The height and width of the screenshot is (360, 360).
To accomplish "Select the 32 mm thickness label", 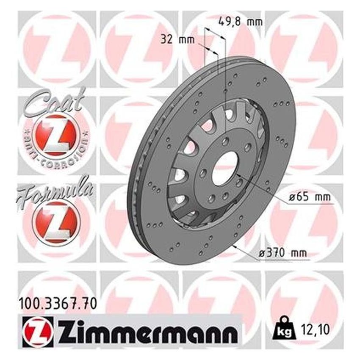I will (x=174, y=41).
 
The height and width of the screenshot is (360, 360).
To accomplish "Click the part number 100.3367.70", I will (x=58, y=303).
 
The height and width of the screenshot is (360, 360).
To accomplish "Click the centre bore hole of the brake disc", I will (x=224, y=168).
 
